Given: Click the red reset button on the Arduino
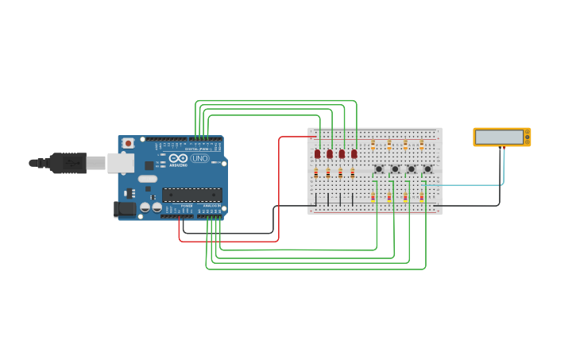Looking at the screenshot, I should coord(128,143).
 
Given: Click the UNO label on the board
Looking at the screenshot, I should coord(199,158).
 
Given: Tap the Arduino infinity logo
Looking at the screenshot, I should coord(177,157).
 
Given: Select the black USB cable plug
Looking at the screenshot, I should coord(68,163).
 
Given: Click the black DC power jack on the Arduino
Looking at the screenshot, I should coord(124,209).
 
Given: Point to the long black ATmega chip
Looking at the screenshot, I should coord(192,195).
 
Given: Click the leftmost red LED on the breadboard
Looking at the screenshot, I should coord(317,153).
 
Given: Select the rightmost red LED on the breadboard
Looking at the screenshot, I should coord(354,153).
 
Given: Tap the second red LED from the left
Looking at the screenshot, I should coord(330,153).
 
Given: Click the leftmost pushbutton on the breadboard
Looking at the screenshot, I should coord(379,168).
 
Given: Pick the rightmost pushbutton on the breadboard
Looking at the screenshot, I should coord(427,168).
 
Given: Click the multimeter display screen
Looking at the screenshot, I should coord(499,137).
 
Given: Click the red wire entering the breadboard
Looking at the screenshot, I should coord(294,137).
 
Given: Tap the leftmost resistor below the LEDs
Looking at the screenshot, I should coord(315,172).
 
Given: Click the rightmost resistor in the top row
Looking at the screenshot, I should coord(421,145).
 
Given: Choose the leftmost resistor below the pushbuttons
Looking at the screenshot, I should coord(373,196).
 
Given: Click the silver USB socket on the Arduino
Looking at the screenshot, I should coord(120,163).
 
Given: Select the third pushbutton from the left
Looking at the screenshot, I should coord(411,168).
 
